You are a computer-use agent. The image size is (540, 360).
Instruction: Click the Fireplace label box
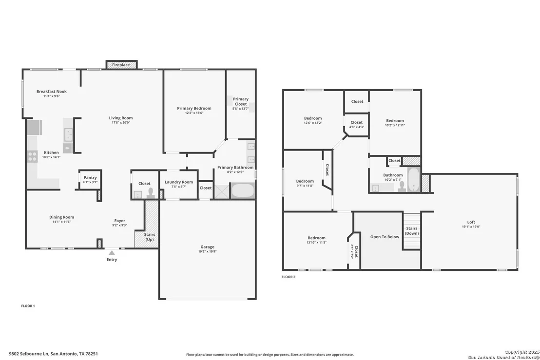121,65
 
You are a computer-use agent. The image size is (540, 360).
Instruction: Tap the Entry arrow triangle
112,253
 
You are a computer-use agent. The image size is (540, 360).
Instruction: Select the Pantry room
90,179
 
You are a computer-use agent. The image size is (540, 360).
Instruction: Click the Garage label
207,247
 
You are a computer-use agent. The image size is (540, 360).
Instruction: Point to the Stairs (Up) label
150,237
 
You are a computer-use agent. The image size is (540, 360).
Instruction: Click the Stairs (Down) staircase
412,231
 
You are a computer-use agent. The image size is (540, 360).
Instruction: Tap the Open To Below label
385,237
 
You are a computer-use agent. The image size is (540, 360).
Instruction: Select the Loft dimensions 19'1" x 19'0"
471,227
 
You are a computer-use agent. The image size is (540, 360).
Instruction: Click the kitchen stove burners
32,156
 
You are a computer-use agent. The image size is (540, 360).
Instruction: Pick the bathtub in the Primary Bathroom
243,190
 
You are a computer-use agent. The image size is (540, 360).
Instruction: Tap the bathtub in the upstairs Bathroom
414,179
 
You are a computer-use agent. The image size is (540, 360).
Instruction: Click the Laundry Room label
179,182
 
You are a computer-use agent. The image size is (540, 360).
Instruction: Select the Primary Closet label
240,101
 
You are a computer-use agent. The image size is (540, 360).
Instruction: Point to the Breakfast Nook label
52,92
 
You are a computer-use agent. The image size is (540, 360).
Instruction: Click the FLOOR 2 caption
289,277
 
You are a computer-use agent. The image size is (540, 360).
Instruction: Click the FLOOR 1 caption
28,305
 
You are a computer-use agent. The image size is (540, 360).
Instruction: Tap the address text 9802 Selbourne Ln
29,354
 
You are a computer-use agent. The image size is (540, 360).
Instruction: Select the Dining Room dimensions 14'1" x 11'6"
61,222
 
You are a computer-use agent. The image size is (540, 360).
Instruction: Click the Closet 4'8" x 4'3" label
356,124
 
